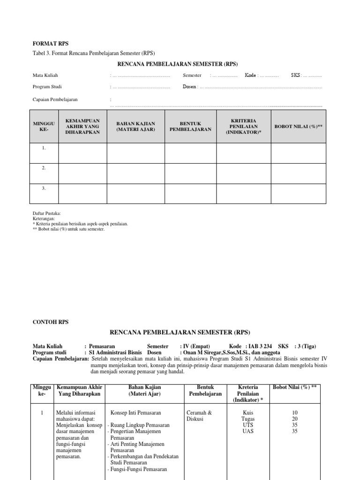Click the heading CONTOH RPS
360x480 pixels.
click(x=50, y=322)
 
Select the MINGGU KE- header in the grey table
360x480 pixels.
click(x=44, y=126)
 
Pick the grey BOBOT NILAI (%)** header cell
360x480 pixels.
click(x=298, y=126)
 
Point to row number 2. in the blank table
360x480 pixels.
click(x=44, y=168)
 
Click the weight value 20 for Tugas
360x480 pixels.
click(x=294, y=419)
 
